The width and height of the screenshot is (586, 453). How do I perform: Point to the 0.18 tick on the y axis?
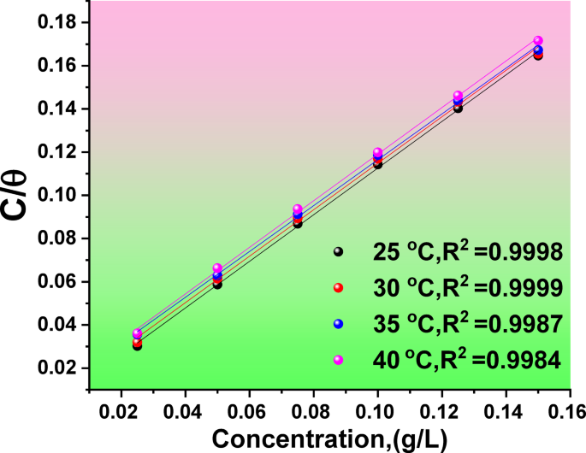59,21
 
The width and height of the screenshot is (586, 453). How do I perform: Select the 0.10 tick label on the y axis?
59,195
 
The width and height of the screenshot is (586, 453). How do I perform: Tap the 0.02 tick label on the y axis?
59,368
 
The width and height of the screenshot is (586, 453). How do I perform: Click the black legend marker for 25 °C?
338,252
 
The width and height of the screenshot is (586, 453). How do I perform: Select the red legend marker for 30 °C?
338,288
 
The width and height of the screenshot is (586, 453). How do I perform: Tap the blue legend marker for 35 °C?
338,324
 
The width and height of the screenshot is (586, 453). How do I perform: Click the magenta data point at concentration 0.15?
538,40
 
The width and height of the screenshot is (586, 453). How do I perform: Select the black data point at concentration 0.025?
137,345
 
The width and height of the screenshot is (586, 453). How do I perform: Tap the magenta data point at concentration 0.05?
217,268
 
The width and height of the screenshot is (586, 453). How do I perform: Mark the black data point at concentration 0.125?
458,108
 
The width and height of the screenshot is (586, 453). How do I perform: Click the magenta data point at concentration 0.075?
298,209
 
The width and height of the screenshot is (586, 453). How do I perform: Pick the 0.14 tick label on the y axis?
59,109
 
